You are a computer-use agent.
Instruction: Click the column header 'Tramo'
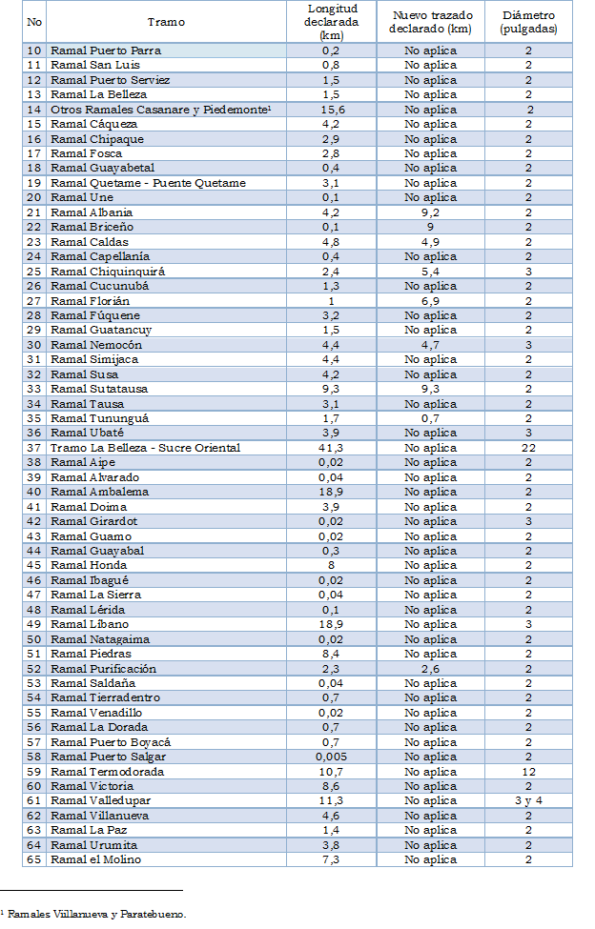pyautogui.click(x=166, y=21)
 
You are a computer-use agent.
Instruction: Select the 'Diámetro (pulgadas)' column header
pyautogui.click(x=527, y=21)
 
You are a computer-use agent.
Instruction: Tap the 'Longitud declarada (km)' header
pyautogui.click(x=331, y=21)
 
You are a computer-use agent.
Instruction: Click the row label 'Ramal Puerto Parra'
pyautogui.click(x=106, y=50)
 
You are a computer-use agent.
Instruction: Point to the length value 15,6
pyautogui.click(x=331, y=110)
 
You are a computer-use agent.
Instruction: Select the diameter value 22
pyautogui.click(x=527, y=448)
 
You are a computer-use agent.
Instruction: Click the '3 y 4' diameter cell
pyautogui.click(x=527, y=801)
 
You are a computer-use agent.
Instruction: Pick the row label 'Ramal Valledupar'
pyautogui.click(x=100, y=801)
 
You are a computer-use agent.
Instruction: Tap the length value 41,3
pyautogui.click(x=331, y=448)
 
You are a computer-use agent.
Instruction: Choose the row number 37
pyautogui.click(x=34, y=448)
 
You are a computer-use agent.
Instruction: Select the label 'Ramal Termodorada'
pyautogui.click(x=107, y=772)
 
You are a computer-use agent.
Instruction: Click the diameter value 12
pyautogui.click(x=527, y=772)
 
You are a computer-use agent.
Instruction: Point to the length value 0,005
pyautogui.click(x=331, y=757)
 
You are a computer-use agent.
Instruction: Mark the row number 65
pyautogui.click(x=34, y=860)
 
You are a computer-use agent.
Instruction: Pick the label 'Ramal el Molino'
pyautogui.click(x=95, y=860)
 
